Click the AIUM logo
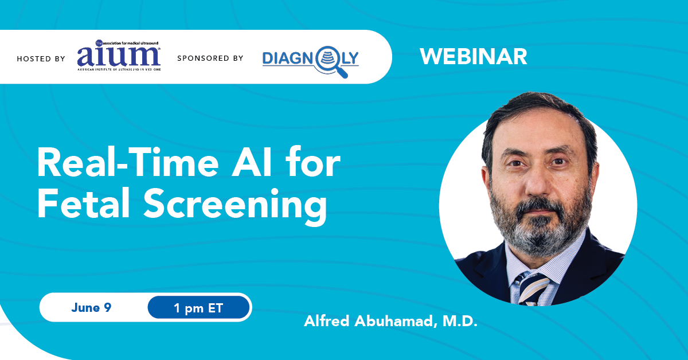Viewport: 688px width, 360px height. point(119,55)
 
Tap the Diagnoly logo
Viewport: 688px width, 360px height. point(310,61)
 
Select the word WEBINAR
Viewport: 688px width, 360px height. point(474,57)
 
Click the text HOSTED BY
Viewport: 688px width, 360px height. point(41,58)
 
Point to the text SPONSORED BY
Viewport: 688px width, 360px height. point(210,58)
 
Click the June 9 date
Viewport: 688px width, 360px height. point(91,307)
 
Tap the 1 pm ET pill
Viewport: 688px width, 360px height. point(198,307)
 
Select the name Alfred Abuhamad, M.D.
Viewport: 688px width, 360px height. point(390,321)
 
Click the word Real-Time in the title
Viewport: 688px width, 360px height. point(128,162)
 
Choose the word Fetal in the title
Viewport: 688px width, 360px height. point(83,204)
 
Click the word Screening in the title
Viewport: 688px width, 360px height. point(235,206)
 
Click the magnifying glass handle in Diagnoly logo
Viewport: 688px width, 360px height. point(342,72)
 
